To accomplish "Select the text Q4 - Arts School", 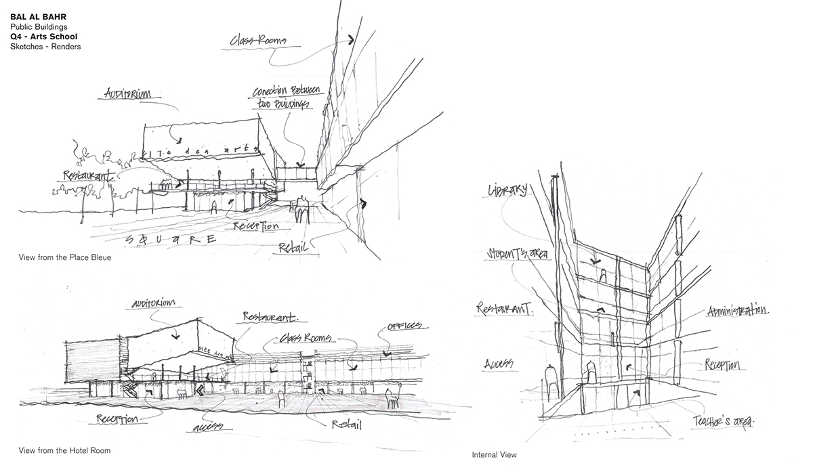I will point(44,36).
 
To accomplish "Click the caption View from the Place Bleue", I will point(65,258).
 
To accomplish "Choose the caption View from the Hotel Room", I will point(64,450).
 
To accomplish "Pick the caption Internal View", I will point(494,455).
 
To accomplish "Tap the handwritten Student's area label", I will point(517,254).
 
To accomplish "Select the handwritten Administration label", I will point(737,311).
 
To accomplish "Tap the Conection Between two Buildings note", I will point(282,98).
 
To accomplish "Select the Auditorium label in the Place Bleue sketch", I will point(129,93).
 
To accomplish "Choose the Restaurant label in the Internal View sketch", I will point(505,309).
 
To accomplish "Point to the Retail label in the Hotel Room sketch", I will point(346,425).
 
